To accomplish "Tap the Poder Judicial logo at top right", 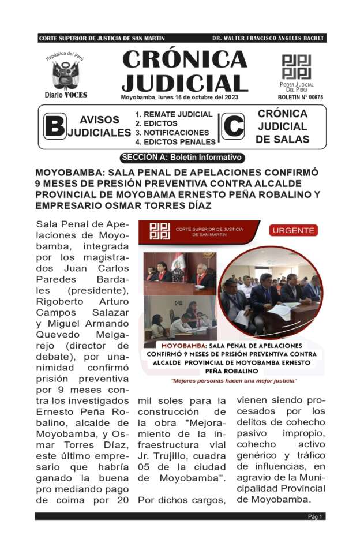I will (x=296, y=67).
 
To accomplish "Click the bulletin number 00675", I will (x=305, y=98).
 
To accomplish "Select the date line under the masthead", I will (x=179, y=97).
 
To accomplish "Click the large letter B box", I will (x=55, y=126).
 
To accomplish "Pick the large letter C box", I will (x=232, y=126).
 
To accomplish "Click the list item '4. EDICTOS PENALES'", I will (x=175, y=142).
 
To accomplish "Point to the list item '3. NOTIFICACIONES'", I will (x=172, y=133).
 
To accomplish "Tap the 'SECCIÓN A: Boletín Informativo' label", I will (x=182, y=158).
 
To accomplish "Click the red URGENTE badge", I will (x=294, y=230).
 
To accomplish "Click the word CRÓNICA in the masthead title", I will (x=185, y=59).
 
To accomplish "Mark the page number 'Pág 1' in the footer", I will (x=315, y=516).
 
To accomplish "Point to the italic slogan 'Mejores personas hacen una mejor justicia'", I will (x=234, y=381).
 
